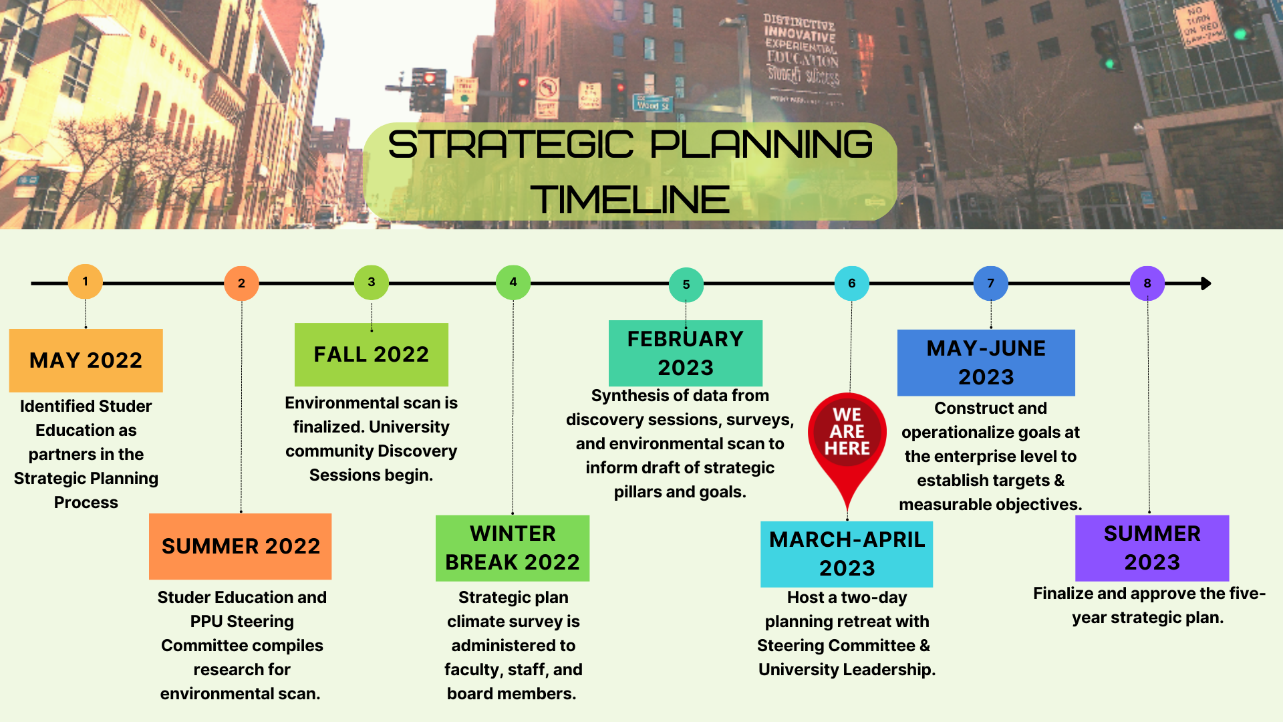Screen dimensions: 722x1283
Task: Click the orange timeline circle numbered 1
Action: click(x=85, y=281)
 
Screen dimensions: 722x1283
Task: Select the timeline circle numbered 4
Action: click(x=513, y=282)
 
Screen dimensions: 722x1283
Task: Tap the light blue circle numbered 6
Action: click(x=851, y=283)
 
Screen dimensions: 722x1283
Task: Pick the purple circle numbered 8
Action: click(x=1147, y=283)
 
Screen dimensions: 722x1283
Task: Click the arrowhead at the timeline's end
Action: click(x=1205, y=283)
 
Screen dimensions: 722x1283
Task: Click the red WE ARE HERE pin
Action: click(x=847, y=435)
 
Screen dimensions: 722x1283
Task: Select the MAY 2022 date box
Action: click(x=86, y=360)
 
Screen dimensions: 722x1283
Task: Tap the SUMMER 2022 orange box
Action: click(x=241, y=546)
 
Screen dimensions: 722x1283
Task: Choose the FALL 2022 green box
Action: click(x=372, y=354)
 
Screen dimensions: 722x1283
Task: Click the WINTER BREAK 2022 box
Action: click(x=513, y=548)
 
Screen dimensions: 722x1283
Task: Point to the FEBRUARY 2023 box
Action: click(x=686, y=353)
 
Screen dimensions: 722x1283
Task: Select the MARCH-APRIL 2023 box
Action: click(x=847, y=554)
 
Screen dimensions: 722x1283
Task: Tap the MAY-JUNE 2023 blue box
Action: click(x=986, y=362)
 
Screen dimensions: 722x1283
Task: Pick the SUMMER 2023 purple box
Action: click(x=1152, y=548)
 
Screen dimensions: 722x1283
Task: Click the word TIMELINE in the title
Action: click(x=630, y=199)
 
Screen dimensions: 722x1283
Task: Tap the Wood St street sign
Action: click(x=652, y=104)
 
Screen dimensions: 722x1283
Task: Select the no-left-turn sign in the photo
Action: click(x=548, y=89)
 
